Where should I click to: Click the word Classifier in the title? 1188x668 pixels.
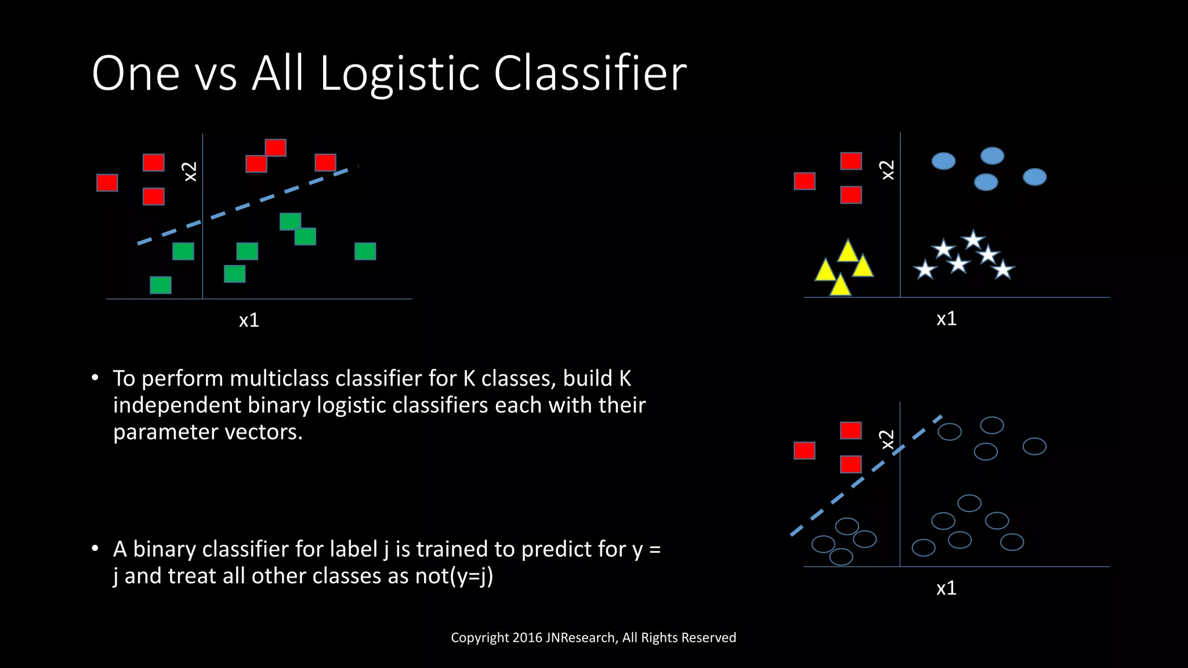pos(590,74)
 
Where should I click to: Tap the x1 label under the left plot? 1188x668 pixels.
pos(249,320)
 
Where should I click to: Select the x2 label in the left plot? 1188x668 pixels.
pos(190,172)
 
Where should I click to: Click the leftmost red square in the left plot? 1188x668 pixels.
pos(107,183)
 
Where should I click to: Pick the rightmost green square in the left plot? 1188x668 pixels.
pos(365,251)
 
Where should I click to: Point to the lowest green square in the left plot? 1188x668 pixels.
pos(161,285)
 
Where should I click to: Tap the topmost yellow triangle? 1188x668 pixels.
pos(848,252)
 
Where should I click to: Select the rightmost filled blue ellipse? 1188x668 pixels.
pos(1035,177)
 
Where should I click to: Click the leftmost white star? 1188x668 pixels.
pos(925,270)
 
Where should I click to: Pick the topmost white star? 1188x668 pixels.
pos(973,239)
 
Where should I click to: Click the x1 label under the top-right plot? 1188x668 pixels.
pos(946,319)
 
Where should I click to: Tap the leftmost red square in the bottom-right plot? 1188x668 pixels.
pos(805,451)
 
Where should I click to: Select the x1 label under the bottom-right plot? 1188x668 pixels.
pos(946,588)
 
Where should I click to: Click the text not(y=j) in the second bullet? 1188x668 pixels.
pos(454,576)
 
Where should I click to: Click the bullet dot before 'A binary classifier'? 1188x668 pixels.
pos(95,549)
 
